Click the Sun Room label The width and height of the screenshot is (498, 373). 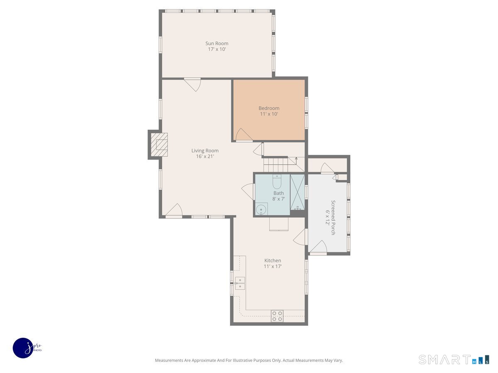217,43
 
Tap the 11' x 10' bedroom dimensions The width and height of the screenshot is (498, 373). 269,114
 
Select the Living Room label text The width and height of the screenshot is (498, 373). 205,150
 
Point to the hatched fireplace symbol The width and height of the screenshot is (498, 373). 159,145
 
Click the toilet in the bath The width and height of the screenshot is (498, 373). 277,182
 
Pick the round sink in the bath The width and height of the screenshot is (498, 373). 261,209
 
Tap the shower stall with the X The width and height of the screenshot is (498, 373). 298,192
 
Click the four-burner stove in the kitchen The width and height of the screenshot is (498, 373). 277,316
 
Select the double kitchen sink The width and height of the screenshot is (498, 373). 240,283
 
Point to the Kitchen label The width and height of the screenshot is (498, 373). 273,260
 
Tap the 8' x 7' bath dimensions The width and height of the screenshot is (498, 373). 278,199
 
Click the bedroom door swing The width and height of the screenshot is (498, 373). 244,135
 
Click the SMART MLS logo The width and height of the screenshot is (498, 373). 454,359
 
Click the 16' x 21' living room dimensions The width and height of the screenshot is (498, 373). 205,156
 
